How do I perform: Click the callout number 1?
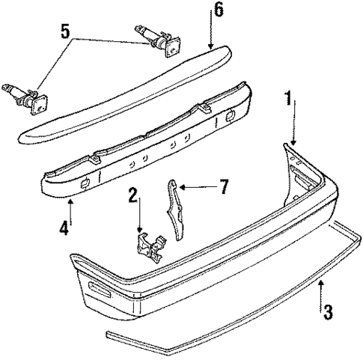pyautogui.click(x=288, y=98)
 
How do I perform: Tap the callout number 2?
pyautogui.click(x=133, y=197)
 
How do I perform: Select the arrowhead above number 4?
pyautogui.click(x=70, y=199)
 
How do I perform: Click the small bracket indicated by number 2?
pyautogui.click(x=151, y=247)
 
